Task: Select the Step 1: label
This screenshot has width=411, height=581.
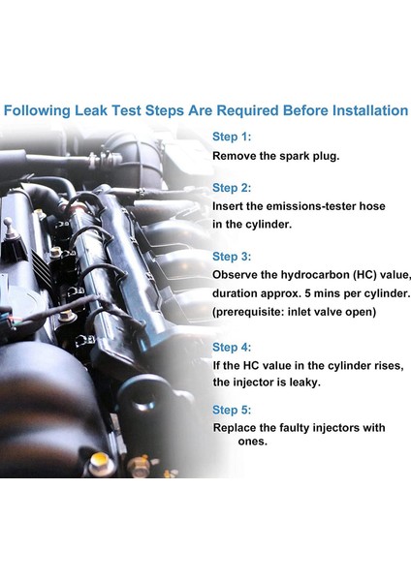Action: (232, 137)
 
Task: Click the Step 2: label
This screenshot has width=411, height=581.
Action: (232, 188)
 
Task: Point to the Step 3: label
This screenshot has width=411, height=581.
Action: (232, 257)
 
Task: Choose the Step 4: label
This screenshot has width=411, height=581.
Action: (232, 348)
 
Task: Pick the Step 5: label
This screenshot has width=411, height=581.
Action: (232, 410)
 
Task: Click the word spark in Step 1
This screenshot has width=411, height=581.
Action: (295, 156)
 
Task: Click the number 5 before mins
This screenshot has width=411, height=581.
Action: (307, 293)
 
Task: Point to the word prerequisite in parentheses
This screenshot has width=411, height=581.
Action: (250, 312)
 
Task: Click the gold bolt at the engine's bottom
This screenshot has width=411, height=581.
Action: (100, 463)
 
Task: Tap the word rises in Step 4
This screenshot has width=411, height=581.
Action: (391, 366)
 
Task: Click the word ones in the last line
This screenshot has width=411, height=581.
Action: (253, 442)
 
